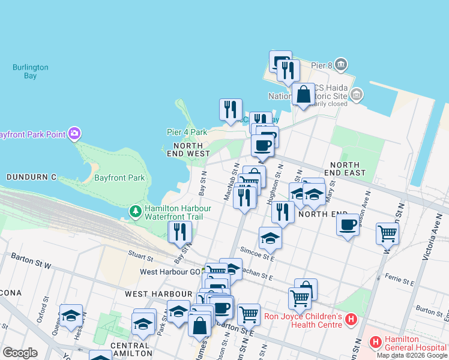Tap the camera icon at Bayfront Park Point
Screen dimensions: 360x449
click(74, 133)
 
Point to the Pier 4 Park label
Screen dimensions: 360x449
click(187, 132)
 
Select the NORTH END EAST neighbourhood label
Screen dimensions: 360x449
click(345, 169)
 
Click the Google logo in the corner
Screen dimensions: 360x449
click(20, 353)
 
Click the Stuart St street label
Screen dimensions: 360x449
click(140, 257)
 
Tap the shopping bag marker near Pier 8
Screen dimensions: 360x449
click(304, 94)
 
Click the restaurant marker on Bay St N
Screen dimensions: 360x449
click(180, 232)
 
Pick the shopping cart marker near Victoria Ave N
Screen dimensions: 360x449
click(388, 233)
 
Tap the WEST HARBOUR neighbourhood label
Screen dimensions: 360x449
click(158, 294)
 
